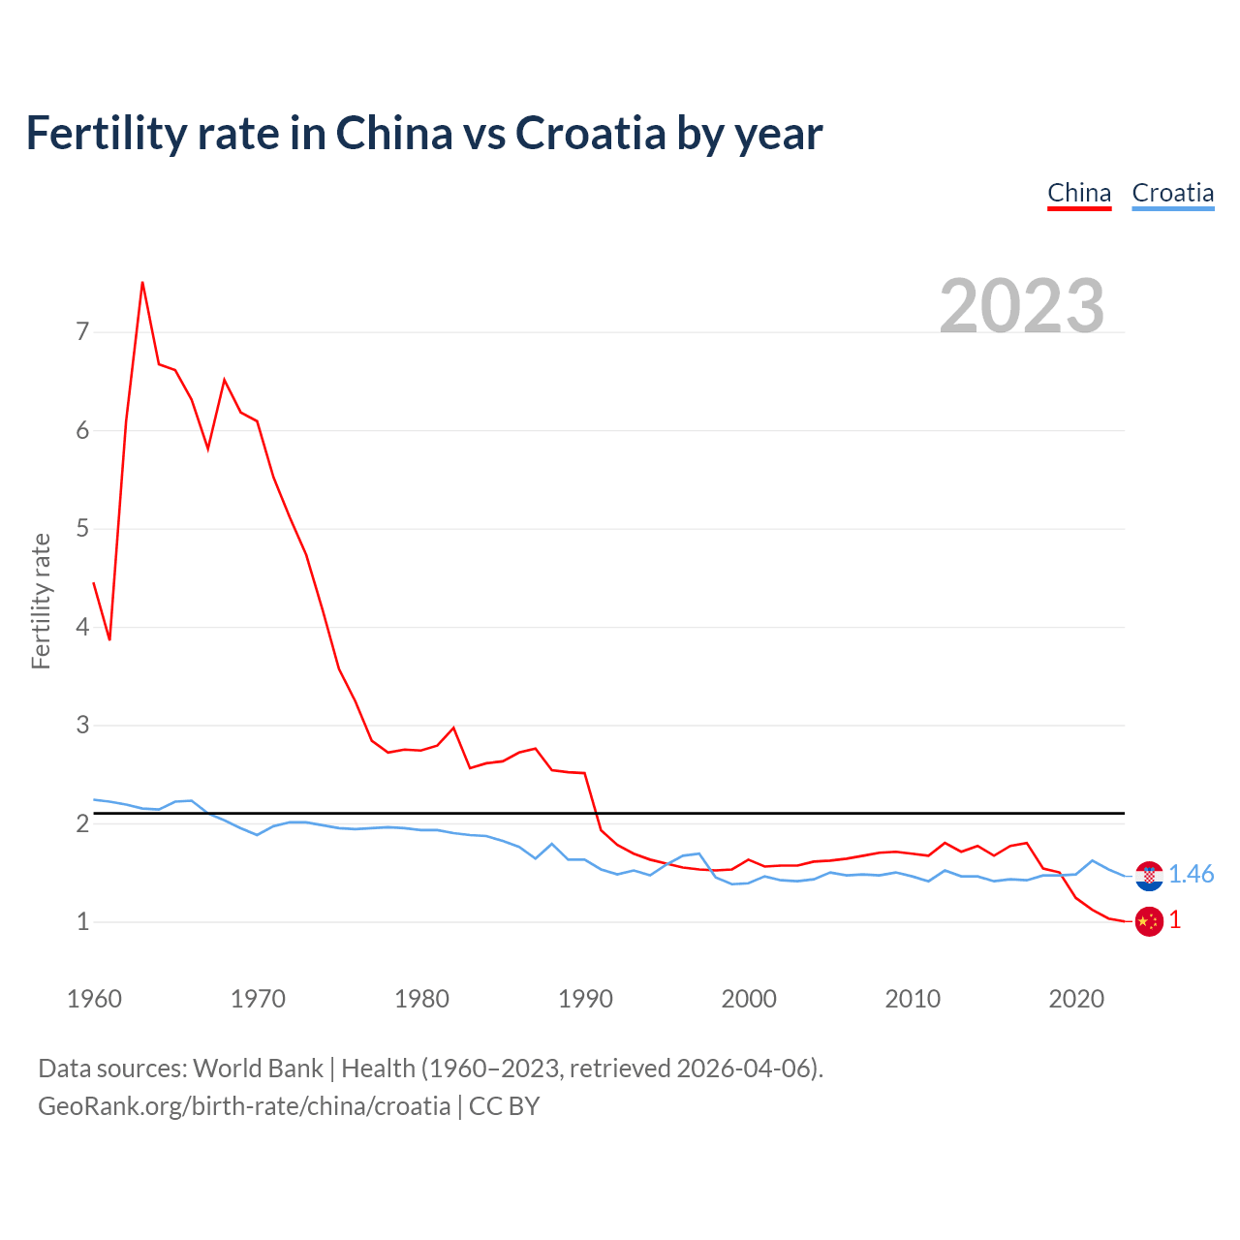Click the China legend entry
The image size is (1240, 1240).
tap(1079, 193)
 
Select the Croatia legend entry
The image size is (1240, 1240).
tap(1172, 193)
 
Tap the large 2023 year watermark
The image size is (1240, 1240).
tap(1022, 306)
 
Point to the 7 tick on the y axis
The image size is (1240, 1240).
tap(82, 332)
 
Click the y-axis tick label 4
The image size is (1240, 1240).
tap(82, 627)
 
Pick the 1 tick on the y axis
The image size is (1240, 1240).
tap(82, 921)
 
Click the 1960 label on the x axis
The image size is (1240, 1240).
tap(94, 999)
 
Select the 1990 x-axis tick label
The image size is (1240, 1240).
tap(585, 999)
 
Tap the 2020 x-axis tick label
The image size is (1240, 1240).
tap(1076, 999)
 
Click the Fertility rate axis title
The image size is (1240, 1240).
tap(41, 601)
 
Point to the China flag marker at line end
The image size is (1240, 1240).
tap(1149, 921)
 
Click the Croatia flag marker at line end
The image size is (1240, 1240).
tap(1149, 876)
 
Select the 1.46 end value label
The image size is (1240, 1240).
tap(1191, 874)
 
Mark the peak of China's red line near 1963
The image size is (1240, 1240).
tap(142, 283)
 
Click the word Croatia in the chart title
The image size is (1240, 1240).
tap(590, 133)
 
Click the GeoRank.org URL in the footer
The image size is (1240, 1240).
tap(244, 1106)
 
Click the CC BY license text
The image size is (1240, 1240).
tap(504, 1106)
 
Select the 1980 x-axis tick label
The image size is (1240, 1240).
tap(421, 999)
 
